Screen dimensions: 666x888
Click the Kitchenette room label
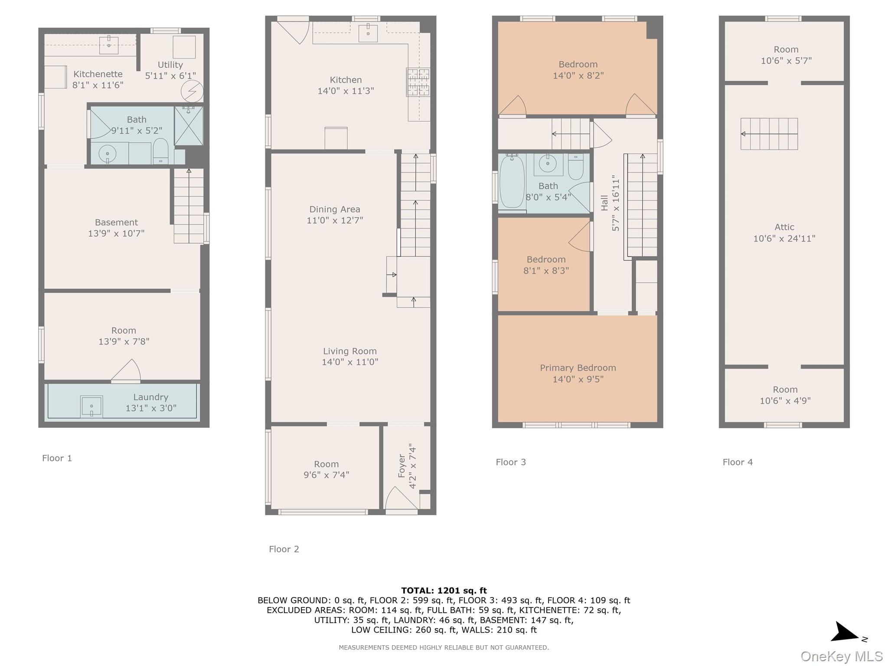click(x=98, y=74)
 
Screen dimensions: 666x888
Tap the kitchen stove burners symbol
click(x=418, y=82)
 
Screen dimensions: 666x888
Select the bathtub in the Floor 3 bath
click(x=512, y=182)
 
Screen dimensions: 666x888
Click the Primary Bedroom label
click(x=578, y=368)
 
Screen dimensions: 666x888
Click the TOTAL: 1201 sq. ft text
click(x=444, y=590)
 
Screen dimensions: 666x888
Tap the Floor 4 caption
click(x=737, y=462)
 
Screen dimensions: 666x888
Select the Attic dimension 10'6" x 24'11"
click(x=784, y=238)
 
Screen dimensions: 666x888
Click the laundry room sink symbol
click(x=91, y=406)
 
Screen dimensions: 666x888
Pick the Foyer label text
click(x=402, y=466)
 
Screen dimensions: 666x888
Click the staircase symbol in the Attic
click(x=769, y=134)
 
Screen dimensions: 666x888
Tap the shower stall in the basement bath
click(x=189, y=126)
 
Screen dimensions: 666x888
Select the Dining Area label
click(x=334, y=209)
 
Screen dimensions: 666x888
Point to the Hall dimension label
click(x=615, y=203)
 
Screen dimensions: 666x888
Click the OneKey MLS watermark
click(x=841, y=656)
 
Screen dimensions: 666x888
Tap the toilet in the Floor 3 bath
click(x=575, y=167)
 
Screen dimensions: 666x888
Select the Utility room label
click(x=170, y=65)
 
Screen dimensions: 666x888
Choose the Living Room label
click(x=349, y=351)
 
